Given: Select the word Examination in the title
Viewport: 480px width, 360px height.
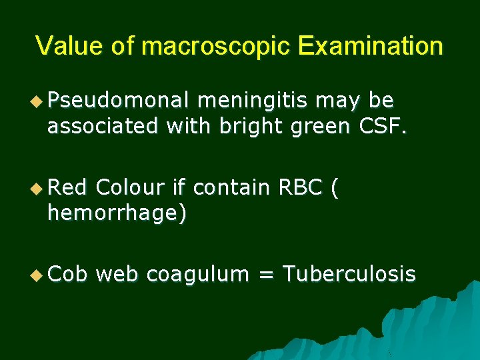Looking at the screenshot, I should click(x=371, y=46).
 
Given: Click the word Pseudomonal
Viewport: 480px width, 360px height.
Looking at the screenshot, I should click(x=119, y=101).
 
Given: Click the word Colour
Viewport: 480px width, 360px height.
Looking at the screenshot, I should click(x=130, y=187).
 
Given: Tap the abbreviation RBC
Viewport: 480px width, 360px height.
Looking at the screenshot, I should click(x=299, y=187).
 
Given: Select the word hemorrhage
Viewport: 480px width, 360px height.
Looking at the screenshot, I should click(x=115, y=213).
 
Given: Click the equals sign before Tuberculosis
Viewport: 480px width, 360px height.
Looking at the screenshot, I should click(x=265, y=274).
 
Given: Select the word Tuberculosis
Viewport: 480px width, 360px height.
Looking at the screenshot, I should click(x=349, y=273).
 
